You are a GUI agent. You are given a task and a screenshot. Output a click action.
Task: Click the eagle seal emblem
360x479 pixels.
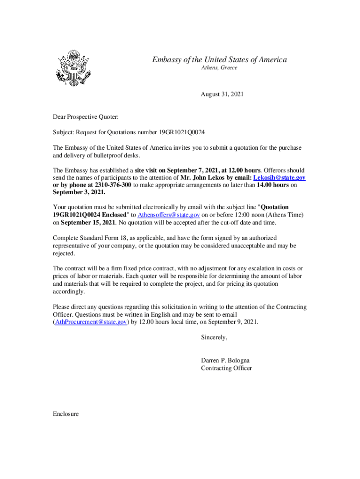pos(72,68)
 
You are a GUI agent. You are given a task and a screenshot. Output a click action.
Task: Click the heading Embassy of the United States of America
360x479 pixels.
pos(219,59)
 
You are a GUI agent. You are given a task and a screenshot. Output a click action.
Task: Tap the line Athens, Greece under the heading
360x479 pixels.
pos(219,68)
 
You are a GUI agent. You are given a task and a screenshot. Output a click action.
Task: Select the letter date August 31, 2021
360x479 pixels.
pos(222,94)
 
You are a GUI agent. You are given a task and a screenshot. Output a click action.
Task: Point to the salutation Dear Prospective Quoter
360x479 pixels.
pos(86,116)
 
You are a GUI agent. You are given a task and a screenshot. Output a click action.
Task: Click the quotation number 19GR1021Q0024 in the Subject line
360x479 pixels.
pos(181,132)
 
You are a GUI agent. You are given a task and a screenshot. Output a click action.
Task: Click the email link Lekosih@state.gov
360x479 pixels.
pos(279,178)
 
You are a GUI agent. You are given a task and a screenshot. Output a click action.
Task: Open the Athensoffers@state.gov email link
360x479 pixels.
pos(169,214)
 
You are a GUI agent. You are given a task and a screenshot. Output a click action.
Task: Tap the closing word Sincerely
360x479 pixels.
pos(214,337)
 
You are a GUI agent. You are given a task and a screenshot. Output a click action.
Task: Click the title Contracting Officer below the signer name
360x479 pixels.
pos(226,368)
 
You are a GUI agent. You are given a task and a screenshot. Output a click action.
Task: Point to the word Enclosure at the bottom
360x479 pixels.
pos(66,414)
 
